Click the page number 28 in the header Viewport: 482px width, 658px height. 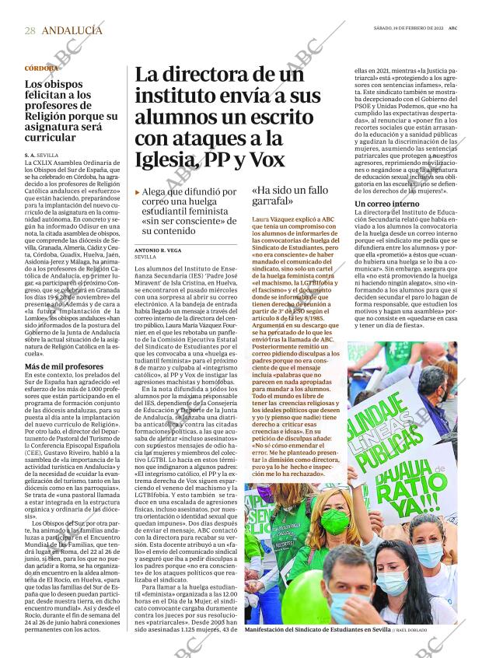(x=30, y=30)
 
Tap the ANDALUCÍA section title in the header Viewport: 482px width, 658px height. (x=72, y=30)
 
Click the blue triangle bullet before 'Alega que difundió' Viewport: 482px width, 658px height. (x=138, y=191)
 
